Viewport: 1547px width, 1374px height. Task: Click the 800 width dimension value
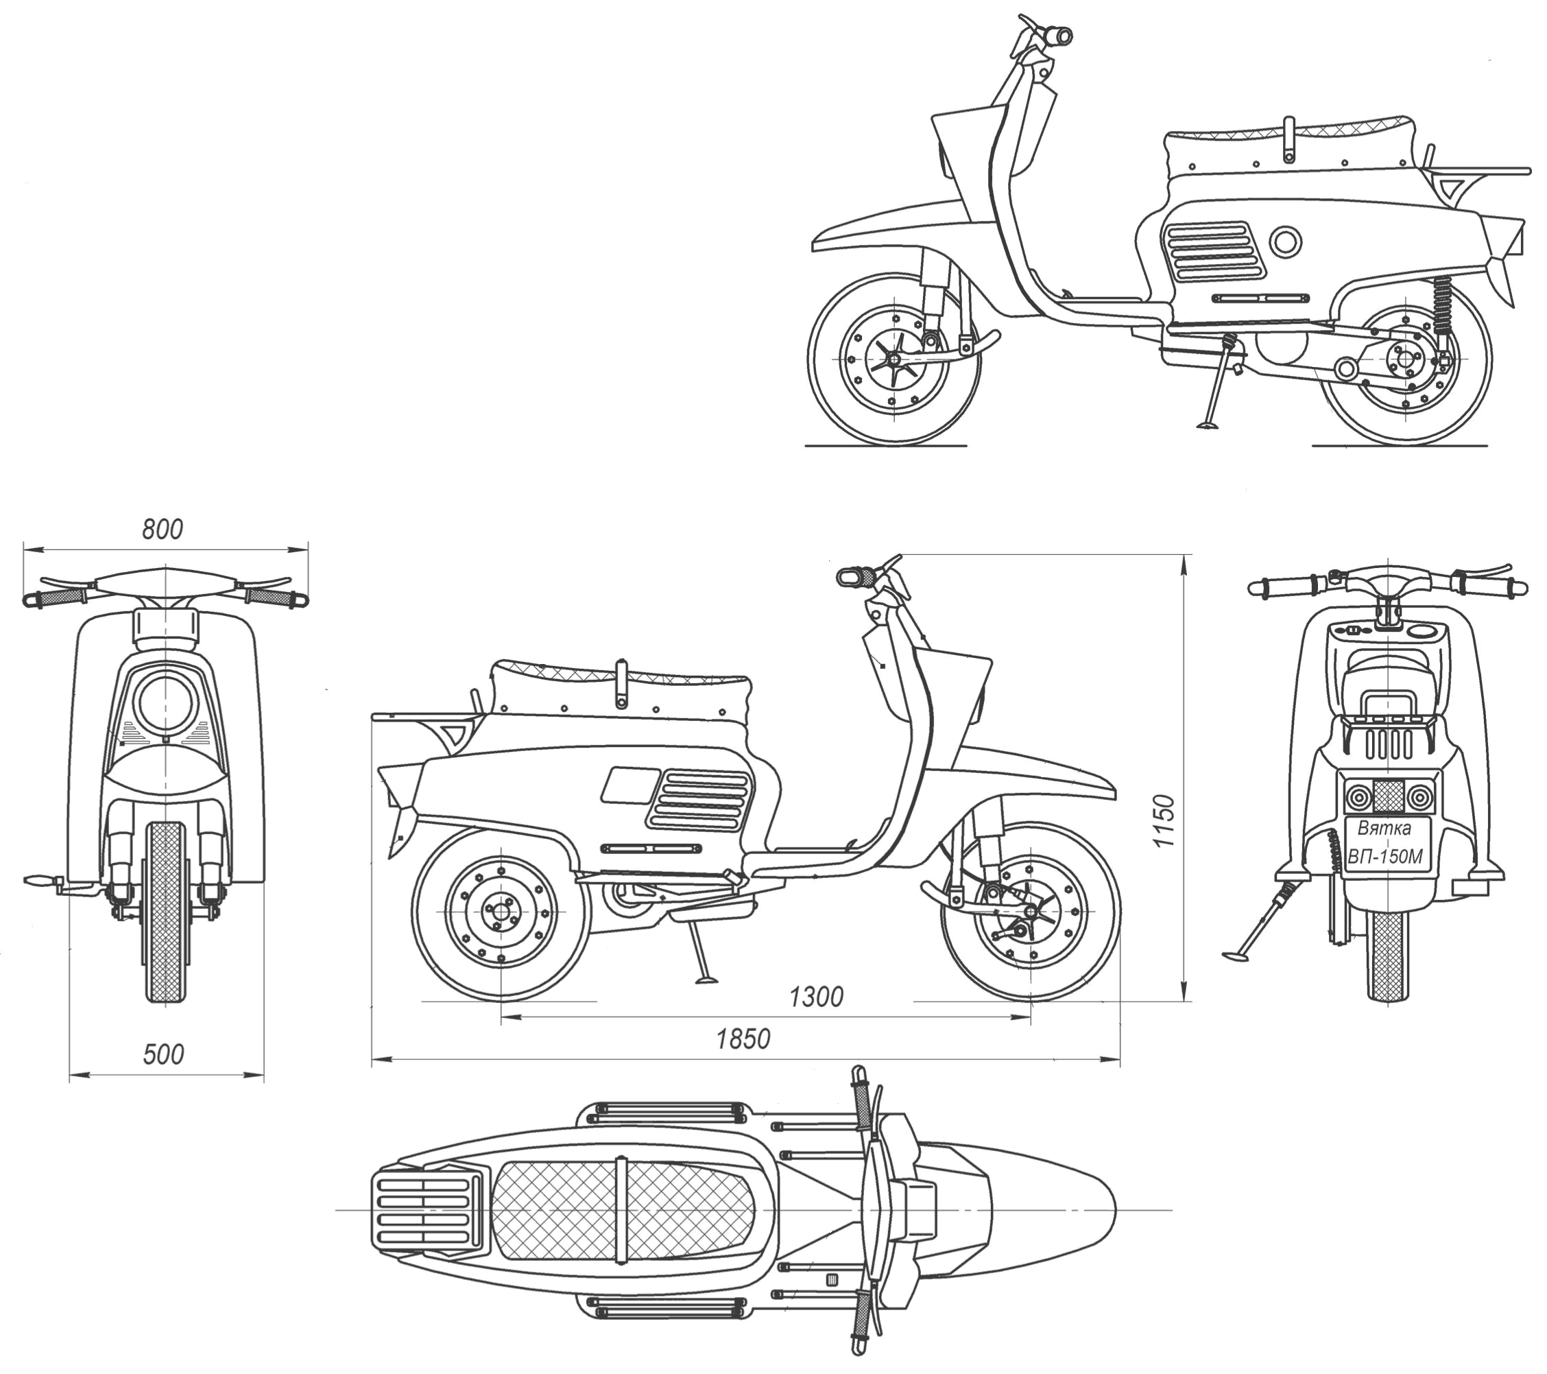click(162, 529)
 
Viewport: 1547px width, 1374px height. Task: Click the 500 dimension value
click(163, 1054)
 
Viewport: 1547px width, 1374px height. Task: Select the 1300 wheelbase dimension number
click(815, 997)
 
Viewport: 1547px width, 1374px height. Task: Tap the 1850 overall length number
click(743, 1039)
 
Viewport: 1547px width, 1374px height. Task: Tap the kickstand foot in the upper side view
click(1206, 425)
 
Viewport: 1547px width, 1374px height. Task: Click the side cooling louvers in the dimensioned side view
click(698, 799)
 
